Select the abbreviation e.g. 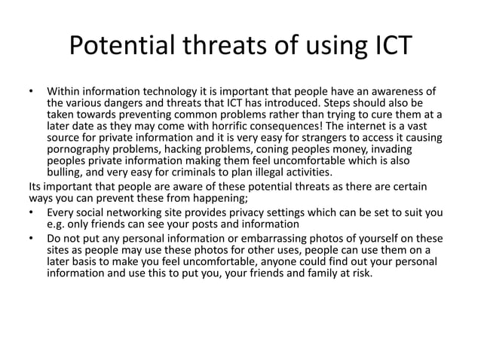pos(57,224)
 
